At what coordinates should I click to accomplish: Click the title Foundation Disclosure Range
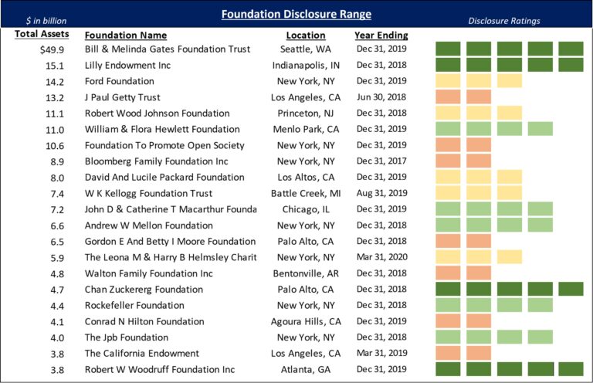coord(296,14)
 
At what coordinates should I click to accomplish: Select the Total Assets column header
coord(42,35)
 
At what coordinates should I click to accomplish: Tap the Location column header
coord(306,35)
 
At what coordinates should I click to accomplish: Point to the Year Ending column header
coord(381,35)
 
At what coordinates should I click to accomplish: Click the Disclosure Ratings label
coord(504,21)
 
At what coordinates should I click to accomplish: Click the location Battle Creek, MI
coord(307,193)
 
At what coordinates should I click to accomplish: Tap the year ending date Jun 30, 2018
coord(381,97)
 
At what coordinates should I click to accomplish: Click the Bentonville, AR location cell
coord(307,274)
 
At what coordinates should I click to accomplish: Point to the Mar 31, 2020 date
coord(381,258)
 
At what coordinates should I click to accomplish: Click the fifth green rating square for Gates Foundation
coord(571,49)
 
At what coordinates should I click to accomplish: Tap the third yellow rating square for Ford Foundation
coord(510,81)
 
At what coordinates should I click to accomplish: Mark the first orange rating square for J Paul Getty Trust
coord(449,97)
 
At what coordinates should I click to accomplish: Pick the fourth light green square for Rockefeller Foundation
coord(540,306)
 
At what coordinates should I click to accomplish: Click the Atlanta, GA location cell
coord(307,370)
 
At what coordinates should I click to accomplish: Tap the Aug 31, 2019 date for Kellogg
coord(381,193)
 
